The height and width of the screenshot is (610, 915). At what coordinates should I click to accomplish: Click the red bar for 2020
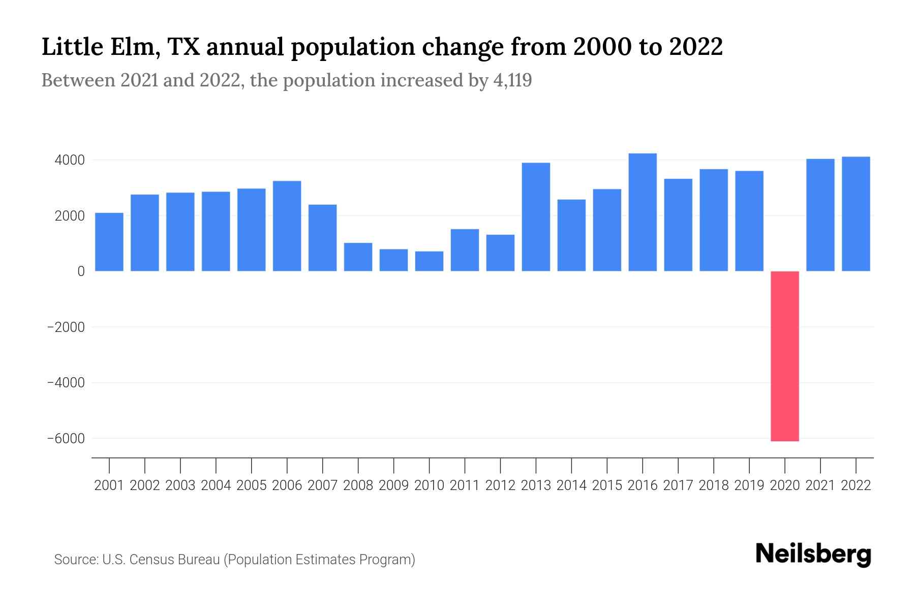784,356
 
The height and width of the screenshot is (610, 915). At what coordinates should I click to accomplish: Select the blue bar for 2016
643,212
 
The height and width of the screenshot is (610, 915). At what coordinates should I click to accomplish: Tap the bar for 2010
429,261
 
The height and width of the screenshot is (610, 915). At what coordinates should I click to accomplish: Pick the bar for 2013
536,217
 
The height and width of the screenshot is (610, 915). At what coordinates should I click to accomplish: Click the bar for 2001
109,242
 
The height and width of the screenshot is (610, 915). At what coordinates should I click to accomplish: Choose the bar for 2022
856,214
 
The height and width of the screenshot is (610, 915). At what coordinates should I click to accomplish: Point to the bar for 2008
358,257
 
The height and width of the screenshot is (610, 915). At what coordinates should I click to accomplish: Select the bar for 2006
287,226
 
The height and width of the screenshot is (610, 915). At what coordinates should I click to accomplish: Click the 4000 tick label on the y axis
69,161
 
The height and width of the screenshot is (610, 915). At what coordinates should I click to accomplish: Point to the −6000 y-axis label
66,439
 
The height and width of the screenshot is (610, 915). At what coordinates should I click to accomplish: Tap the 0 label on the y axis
81,271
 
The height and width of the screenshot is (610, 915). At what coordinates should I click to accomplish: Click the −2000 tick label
66,327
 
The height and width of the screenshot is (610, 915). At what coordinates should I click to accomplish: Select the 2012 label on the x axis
500,485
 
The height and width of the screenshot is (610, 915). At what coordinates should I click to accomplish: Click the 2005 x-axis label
251,485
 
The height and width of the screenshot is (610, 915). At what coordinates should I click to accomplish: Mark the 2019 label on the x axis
749,485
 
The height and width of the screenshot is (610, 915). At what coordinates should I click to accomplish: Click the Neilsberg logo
813,555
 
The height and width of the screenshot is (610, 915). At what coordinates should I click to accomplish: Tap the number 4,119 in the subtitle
512,80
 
